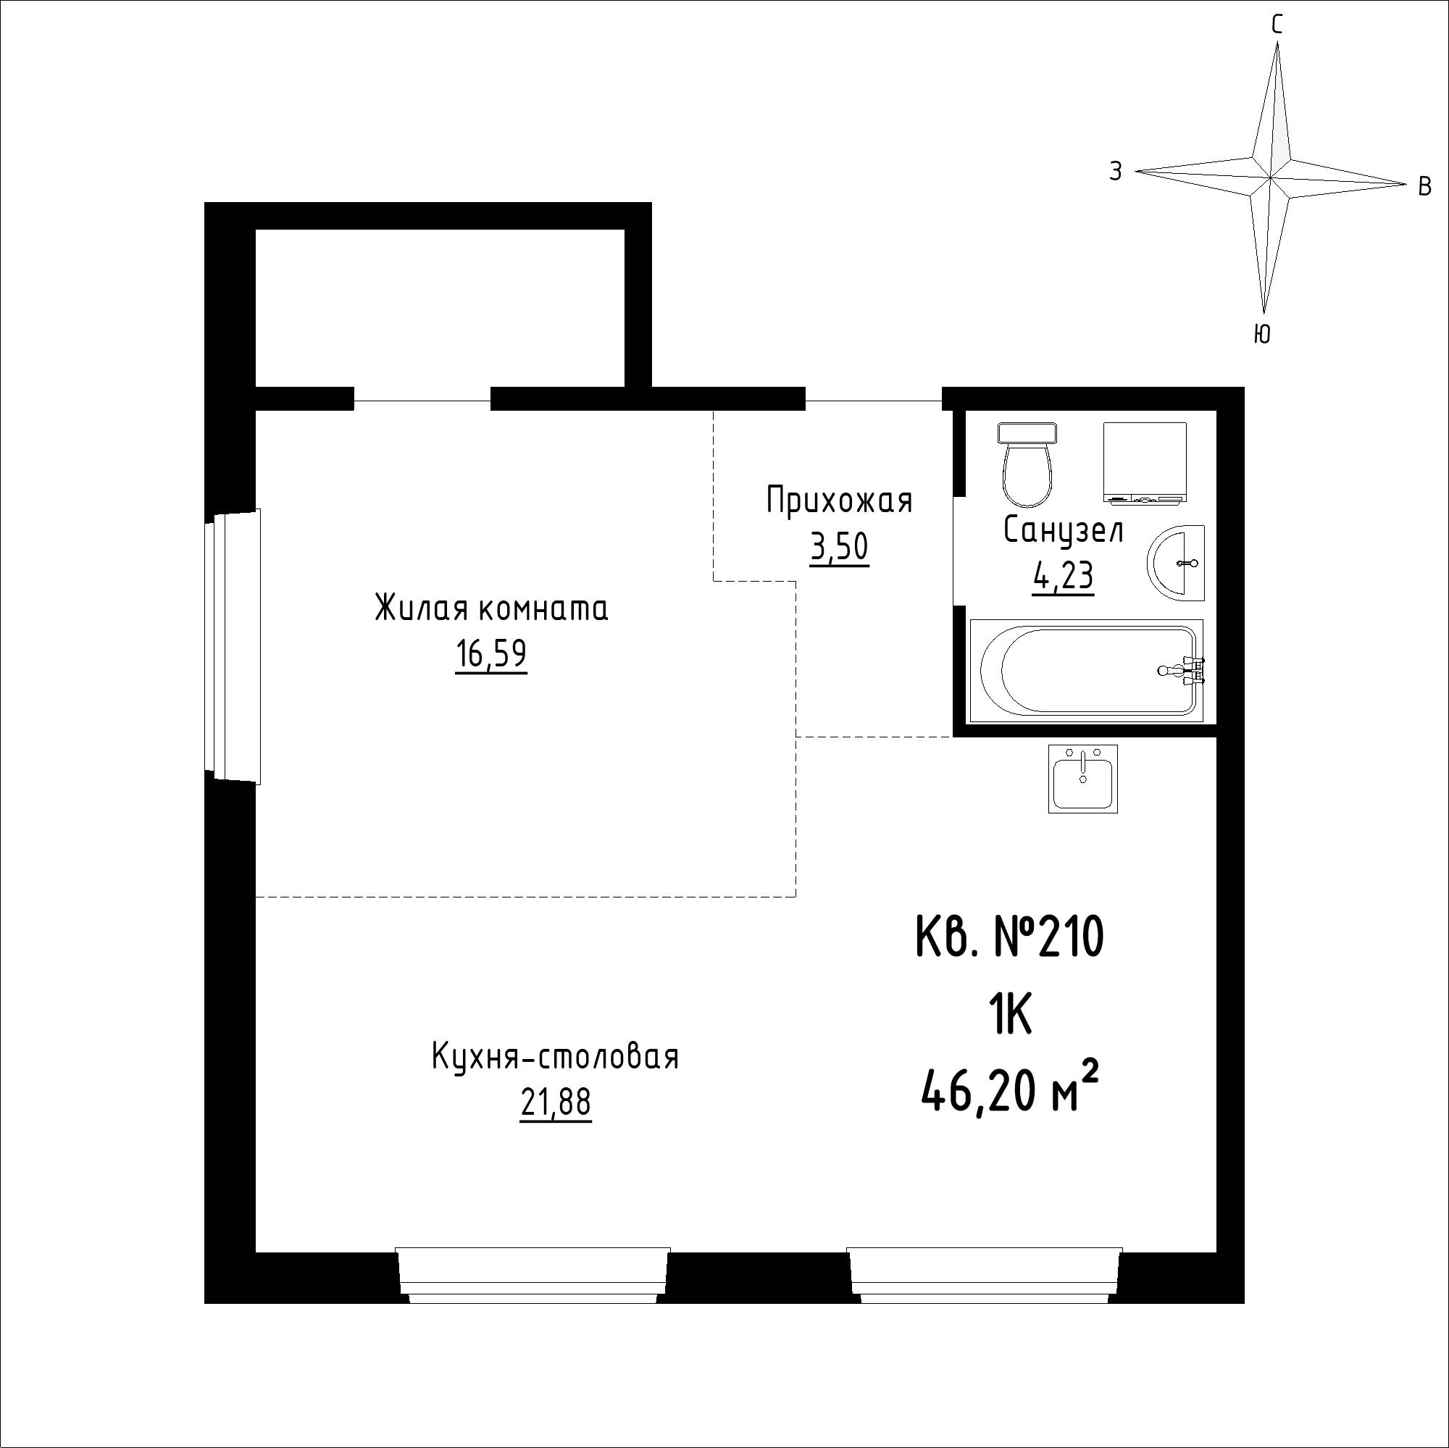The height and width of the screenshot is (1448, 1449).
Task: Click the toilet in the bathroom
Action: [1027, 464]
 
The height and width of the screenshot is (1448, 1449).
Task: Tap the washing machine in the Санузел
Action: [1145, 462]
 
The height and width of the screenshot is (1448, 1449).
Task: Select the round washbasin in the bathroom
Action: [1175, 562]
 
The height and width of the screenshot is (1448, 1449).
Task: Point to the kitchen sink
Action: [1082, 779]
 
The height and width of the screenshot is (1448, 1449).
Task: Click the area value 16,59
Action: [490, 656]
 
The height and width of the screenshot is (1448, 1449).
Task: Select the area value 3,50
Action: [838, 548]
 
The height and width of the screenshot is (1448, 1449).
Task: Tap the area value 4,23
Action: [1063, 577]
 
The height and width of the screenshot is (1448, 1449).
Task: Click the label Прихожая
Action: [839, 501]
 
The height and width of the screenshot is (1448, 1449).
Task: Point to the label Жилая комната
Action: [491, 609]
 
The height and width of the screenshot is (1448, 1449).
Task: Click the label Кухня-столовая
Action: [555, 1058]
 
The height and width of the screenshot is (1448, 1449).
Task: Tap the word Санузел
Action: [1064, 531]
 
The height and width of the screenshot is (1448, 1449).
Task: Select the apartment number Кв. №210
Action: [1010, 938]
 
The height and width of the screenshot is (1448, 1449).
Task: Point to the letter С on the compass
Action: [1277, 25]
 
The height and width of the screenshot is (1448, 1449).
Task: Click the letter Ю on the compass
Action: [1262, 334]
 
